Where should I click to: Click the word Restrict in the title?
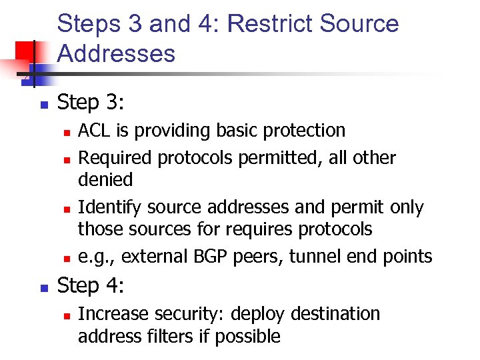269,24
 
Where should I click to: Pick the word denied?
105,179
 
